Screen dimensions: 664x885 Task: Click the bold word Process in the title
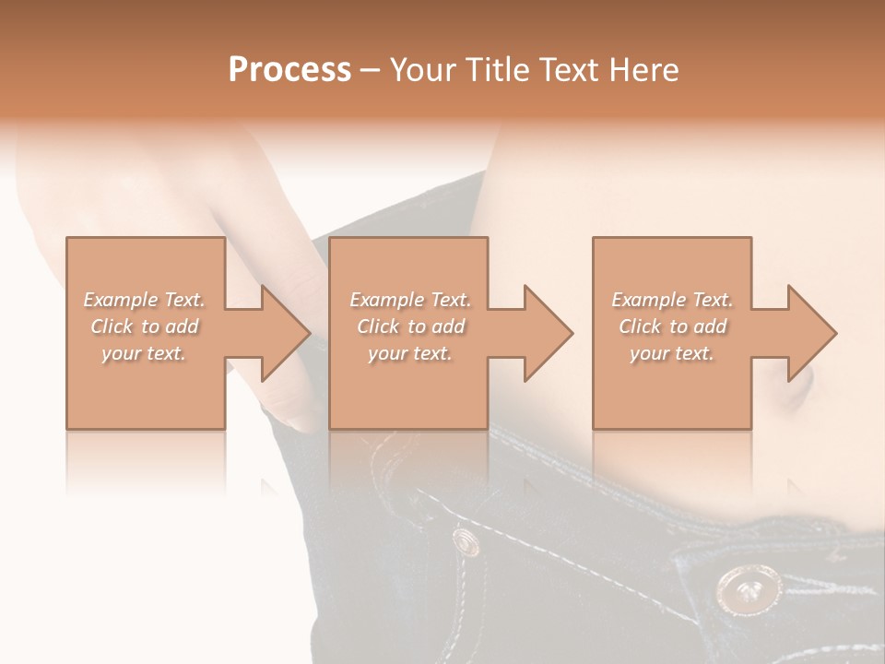(x=289, y=70)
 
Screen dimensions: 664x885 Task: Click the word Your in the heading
(x=425, y=70)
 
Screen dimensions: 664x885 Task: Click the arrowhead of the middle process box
(x=548, y=333)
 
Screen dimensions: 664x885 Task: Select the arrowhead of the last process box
(x=811, y=333)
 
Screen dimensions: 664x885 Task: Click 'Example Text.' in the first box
(x=145, y=300)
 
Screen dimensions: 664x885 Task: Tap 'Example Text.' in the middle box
(x=410, y=300)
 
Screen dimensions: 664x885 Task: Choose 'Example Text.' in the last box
(x=672, y=300)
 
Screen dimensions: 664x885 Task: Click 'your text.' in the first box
(x=145, y=353)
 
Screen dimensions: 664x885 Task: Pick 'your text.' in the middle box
(x=410, y=353)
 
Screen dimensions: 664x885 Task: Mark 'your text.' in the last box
(x=672, y=353)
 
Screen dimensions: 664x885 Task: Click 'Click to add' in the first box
(x=145, y=326)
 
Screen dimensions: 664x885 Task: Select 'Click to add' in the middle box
(x=410, y=326)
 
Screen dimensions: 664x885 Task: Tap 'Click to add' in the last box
(x=672, y=326)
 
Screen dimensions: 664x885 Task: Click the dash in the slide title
(x=371, y=70)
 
